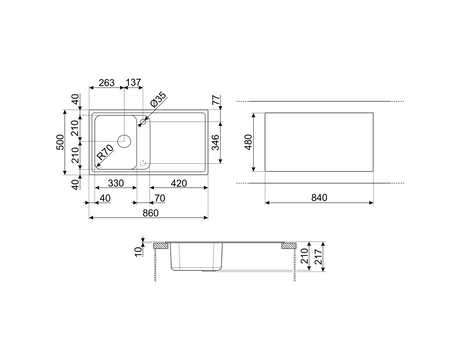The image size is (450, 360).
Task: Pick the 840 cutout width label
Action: (319, 200)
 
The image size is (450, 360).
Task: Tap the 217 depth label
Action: (318, 257)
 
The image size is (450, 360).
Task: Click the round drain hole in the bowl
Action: (125, 141)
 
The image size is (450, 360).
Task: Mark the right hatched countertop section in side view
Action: (286, 247)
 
